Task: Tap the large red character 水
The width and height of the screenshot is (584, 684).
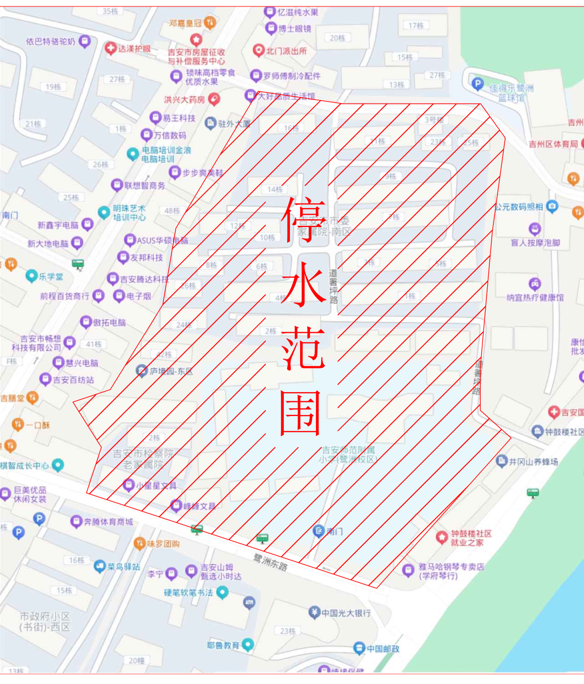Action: (x=303, y=283)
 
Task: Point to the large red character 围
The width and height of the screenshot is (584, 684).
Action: (x=301, y=413)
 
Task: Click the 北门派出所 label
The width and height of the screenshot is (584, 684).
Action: (x=286, y=51)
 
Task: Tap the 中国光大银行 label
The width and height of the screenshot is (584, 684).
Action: (x=346, y=613)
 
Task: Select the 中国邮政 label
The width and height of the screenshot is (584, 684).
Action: (x=383, y=648)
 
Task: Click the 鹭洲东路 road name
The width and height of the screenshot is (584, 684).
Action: (x=270, y=562)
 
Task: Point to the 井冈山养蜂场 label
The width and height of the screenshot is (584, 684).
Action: (x=533, y=462)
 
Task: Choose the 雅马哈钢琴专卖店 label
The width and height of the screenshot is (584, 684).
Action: (x=451, y=571)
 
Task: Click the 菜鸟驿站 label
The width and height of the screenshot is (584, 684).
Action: (x=123, y=567)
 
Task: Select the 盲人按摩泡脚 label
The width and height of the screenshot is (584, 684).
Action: (x=535, y=243)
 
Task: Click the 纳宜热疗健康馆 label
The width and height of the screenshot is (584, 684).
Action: (x=535, y=298)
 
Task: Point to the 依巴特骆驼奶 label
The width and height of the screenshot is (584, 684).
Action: (x=51, y=42)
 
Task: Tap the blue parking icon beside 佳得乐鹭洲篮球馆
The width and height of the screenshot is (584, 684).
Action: (x=477, y=84)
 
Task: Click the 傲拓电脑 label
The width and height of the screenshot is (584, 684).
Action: (x=109, y=323)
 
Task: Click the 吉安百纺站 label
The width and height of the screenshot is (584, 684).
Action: (x=74, y=380)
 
